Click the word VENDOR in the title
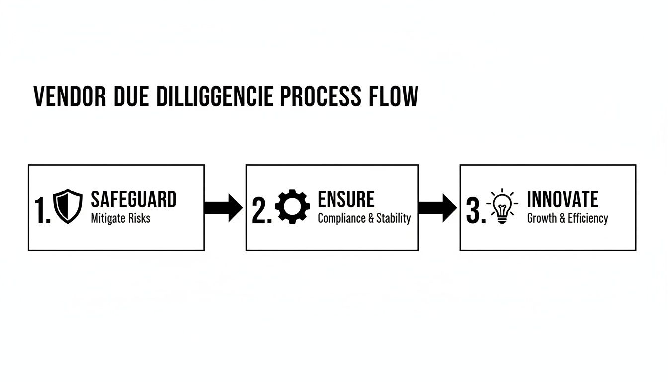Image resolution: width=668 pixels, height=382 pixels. (x=70, y=96)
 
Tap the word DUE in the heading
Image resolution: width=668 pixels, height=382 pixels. (x=131, y=96)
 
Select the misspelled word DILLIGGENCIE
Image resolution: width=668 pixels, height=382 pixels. (x=215, y=96)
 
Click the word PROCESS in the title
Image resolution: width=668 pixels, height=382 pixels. (x=321, y=96)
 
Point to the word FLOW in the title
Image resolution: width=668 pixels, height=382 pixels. (x=394, y=96)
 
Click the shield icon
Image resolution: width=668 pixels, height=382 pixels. (x=68, y=206)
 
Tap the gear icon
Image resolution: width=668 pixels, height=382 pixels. (x=292, y=206)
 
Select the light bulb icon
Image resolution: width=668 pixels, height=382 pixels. (x=502, y=206)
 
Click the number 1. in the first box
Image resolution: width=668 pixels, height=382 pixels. (x=43, y=210)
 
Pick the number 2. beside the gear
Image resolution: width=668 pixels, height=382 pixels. (x=262, y=210)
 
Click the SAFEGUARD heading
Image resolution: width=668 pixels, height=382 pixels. (x=134, y=199)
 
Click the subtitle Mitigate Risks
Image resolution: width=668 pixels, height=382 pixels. (x=120, y=218)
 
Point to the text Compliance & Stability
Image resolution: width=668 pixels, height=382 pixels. (x=364, y=218)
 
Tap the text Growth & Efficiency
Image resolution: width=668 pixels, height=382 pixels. (x=568, y=218)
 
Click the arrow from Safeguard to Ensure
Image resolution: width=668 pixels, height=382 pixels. (x=223, y=208)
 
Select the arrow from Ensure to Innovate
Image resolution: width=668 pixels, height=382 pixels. (x=437, y=208)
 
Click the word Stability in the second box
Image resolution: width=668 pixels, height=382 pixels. (x=393, y=218)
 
